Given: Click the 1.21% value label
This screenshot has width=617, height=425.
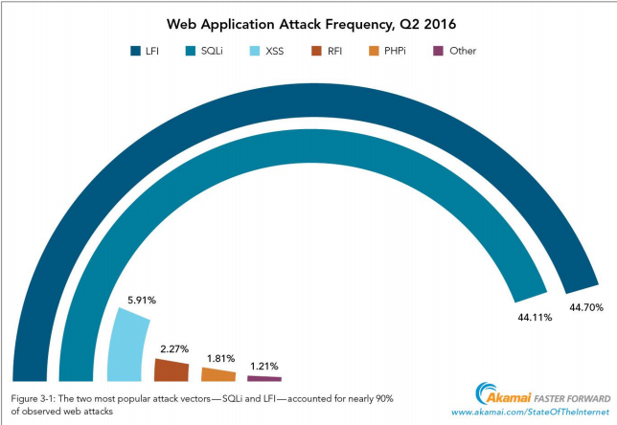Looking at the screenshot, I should click(x=264, y=366).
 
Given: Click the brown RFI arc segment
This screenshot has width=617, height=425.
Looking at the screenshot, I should click(x=171, y=369).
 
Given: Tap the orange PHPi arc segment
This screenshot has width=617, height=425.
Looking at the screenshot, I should click(x=217, y=375).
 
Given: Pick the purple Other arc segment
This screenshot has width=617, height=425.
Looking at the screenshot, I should click(x=263, y=378).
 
